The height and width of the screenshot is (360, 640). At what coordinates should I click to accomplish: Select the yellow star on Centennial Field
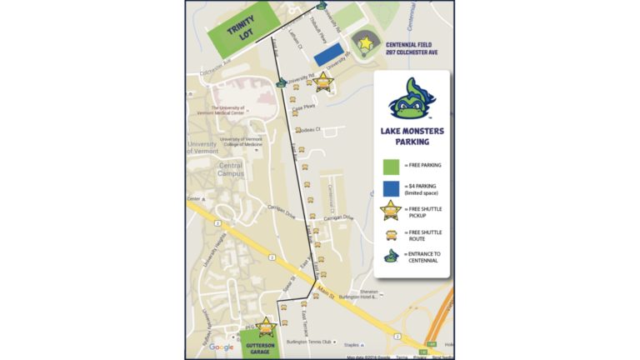(x=364, y=42)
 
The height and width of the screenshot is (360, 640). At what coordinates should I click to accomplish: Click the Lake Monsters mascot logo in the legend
(x=412, y=99)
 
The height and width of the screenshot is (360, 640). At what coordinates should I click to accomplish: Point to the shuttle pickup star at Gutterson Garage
(x=266, y=326)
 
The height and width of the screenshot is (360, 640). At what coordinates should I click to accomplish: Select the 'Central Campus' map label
(x=231, y=169)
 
